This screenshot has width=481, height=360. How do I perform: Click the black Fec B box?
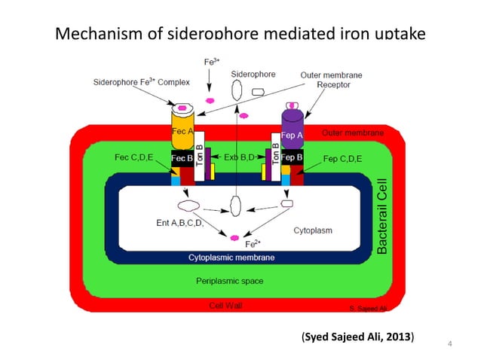pyautogui.click(x=182, y=159)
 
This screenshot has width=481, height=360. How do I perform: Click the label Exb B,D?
pyautogui.click(x=240, y=158)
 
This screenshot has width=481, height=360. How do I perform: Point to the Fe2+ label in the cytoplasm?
pyautogui.click(x=253, y=244)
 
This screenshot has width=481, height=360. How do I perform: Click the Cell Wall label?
pyautogui.click(x=225, y=305)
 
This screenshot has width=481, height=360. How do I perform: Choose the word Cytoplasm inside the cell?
pyautogui.click(x=312, y=230)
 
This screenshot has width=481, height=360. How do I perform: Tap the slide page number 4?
pyautogui.click(x=449, y=345)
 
